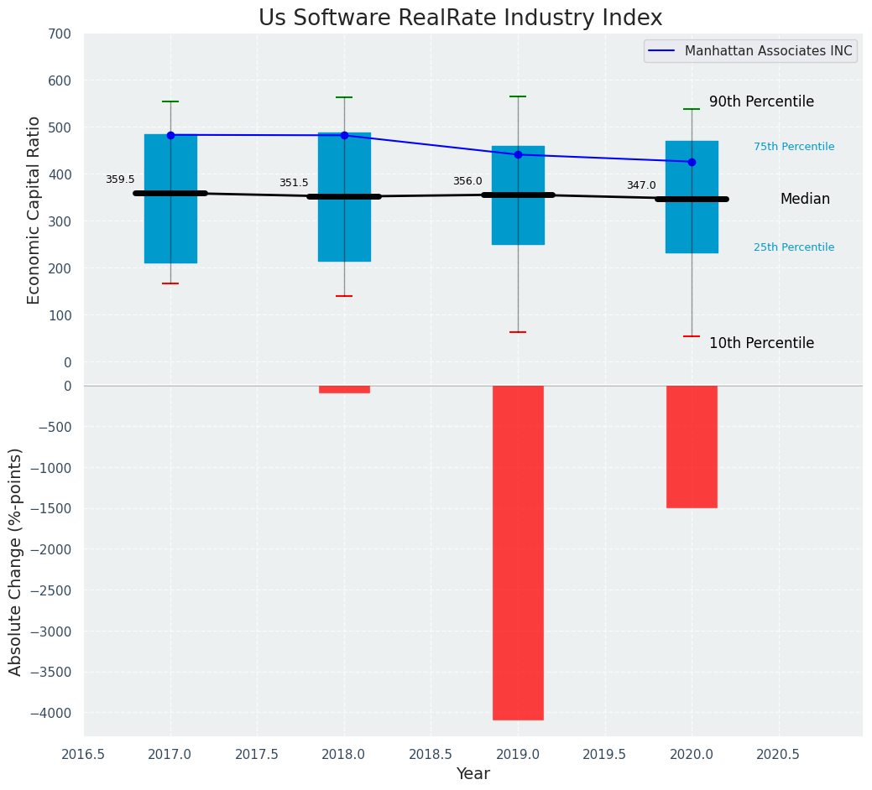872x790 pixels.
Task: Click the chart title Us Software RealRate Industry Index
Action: click(460, 18)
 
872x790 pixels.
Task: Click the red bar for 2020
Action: click(692, 446)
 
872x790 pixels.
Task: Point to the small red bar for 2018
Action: click(344, 389)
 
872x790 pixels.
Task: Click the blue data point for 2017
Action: click(170, 135)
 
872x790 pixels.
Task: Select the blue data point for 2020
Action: click(692, 162)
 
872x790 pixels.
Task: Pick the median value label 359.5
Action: click(120, 179)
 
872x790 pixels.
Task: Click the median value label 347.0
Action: click(641, 185)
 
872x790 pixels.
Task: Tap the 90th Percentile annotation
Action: click(761, 101)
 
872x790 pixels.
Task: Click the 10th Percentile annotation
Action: click(761, 343)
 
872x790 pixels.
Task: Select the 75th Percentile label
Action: click(794, 147)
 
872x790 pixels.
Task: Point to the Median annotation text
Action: click(805, 199)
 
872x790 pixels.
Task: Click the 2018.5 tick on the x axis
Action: click(431, 754)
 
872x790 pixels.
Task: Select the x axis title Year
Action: click(473, 774)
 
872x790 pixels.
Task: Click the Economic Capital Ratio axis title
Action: click(34, 210)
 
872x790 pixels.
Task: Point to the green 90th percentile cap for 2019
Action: click(518, 96)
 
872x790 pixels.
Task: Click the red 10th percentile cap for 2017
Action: click(170, 283)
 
